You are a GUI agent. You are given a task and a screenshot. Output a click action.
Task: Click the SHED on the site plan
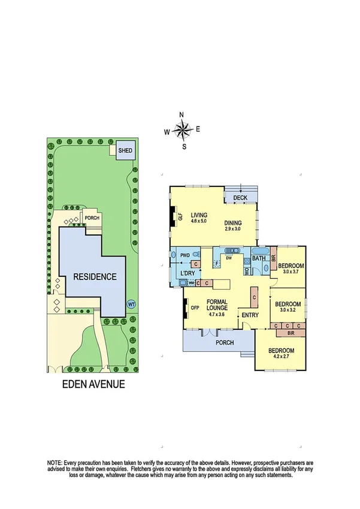click(x=126, y=150)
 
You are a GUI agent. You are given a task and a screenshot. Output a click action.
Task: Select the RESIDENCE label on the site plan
click(x=95, y=277)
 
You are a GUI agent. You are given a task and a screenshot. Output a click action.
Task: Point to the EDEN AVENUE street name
click(x=94, y=384)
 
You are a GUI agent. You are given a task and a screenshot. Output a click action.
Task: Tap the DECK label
click(x=240, y=198)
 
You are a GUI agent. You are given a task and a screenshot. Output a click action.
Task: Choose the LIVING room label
click(x=198, y=215)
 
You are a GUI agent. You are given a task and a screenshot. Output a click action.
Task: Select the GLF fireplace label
click(x=180, y=218)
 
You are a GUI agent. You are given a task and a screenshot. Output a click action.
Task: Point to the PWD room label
click(x=186, y=255)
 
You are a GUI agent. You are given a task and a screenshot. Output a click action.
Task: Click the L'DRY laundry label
click(x=189, y=273)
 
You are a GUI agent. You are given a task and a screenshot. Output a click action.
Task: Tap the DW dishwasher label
click(x=228, y=258)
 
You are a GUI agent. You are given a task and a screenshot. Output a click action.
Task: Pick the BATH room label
click(x=259, y=259)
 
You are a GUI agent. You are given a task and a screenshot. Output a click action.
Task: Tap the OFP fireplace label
click(x=195, y=308)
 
